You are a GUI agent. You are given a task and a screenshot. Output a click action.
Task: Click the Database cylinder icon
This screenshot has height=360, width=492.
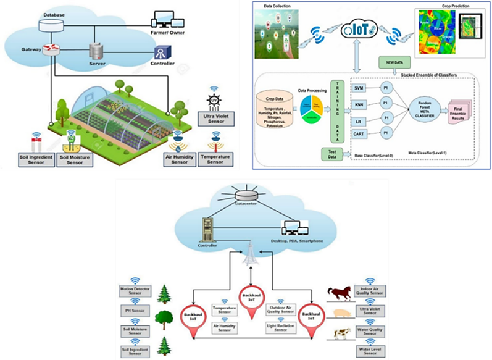point(48,25)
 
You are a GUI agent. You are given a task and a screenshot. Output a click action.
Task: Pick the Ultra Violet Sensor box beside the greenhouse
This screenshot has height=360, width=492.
point(217,117)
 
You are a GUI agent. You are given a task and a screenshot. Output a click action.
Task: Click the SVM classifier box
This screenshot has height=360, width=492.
point(359,88)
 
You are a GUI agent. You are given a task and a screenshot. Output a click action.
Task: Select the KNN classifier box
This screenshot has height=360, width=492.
point(359,105)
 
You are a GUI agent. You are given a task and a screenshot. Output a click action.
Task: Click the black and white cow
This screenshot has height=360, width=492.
point(341,334)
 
